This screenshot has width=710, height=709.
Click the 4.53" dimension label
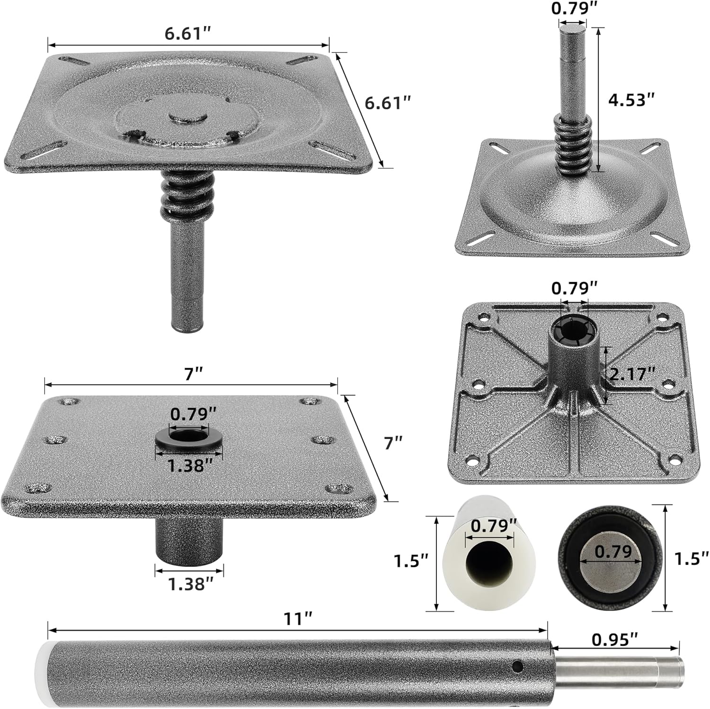(x=631, y=100)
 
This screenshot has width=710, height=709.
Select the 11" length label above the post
(x=298, y=619)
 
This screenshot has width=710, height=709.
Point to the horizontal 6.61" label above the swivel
(x=187, y=34)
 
